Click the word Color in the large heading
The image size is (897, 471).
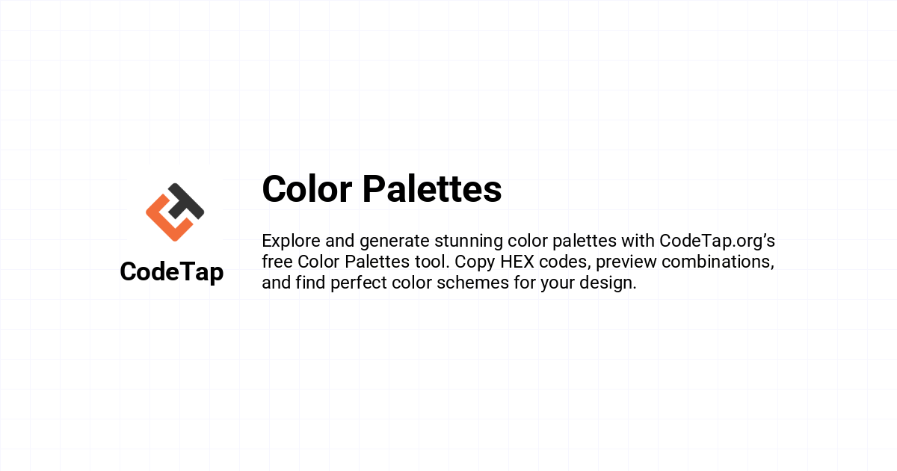click(307, 189)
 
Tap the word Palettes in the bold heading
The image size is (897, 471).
click(432, 189)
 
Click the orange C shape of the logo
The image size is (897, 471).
click(165, 218)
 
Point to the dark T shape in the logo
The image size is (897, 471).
click(186, 201)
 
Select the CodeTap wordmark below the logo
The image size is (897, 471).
click(172, 272)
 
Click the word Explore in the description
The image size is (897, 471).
click(291, 241)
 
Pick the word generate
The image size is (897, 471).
click(395, 241)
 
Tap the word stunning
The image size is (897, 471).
click(469, 241)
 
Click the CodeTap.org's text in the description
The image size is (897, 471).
click(717, 241)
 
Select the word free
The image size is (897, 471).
click(277, 262)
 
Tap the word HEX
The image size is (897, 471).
click(517, 262)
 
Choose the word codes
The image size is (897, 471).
click(564, 262)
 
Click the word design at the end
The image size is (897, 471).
click(608, 283)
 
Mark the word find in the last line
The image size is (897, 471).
click(310, 283)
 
